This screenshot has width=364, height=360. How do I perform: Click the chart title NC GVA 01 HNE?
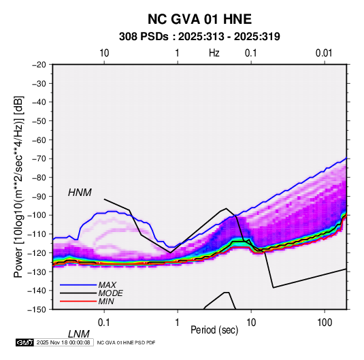click(199, 19)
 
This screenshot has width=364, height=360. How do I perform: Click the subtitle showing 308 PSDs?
click(199, 37)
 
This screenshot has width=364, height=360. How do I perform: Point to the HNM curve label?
click(80, 193)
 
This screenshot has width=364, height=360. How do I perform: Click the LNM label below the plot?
click(78, 334)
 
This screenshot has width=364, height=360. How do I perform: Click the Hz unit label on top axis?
click(214, 53)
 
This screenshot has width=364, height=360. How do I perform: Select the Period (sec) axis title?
click(214, 330)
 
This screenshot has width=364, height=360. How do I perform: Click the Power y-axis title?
click(18, 186)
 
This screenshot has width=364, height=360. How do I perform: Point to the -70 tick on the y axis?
click(39, 159)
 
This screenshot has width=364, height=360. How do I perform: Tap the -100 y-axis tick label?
click(37, 215)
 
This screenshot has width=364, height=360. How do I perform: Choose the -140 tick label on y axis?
click(37, 291)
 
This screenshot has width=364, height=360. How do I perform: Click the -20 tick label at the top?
click(39, 65)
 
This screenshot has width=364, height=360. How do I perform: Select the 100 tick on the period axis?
click(325, 323)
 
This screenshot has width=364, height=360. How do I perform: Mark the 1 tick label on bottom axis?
click(178, 323)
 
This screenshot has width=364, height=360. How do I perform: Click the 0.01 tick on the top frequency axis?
click(324, 53)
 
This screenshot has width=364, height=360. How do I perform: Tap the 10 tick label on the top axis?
click(104, 53)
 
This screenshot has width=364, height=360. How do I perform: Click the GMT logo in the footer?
click(25, 342)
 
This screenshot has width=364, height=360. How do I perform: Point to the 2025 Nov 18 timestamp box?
click(63, 342)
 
